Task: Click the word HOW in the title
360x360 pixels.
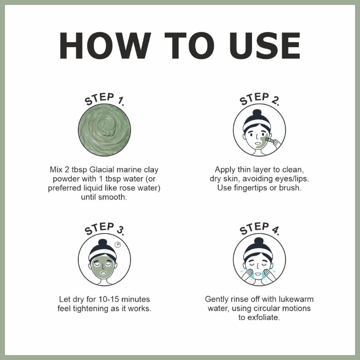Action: point(105,45)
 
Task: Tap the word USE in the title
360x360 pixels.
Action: point(265,45)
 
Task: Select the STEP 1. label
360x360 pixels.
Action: point(104,99)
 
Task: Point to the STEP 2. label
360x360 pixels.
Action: point(260,99)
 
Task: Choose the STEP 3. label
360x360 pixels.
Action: point(104,229)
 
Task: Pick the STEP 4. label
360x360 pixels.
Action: point(260,229)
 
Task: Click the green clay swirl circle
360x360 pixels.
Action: point(104,130)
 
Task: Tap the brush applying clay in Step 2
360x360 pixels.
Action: point(270,139)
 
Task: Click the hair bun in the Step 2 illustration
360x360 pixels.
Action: point(257,113)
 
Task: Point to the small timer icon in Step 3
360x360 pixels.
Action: point(117,245)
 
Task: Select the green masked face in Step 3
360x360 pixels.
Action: point(103,267)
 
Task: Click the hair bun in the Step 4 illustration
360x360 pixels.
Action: point(259,241)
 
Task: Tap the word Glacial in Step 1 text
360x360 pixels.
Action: point(102,170)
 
